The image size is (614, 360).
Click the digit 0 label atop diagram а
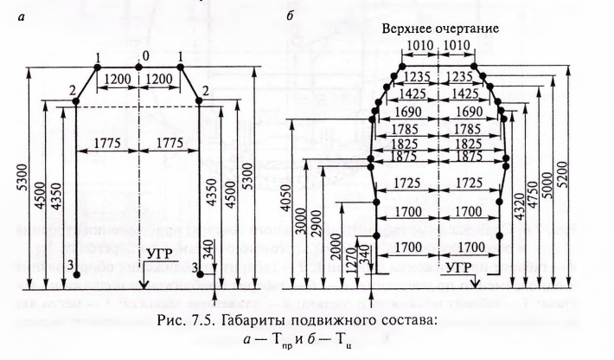tap(138, 55)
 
